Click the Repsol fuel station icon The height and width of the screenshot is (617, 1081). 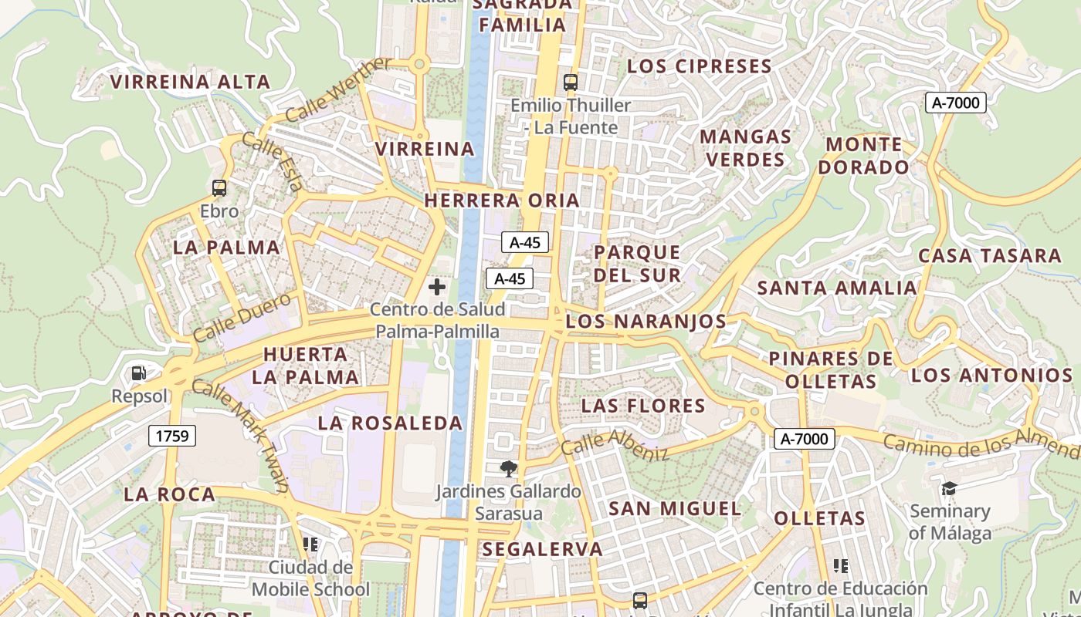(x=139, y=373)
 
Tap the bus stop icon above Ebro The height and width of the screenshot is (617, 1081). (x=219, y=187)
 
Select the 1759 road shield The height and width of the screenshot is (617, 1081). (x=172, y=436)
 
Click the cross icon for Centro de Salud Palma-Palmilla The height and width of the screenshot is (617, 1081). (x=437, y=287)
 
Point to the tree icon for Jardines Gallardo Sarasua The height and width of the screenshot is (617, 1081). (x=508, y=468)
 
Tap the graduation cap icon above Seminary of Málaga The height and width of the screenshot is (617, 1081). (x=949, y=488)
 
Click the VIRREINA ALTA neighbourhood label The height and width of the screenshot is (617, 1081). (x=190, y=82)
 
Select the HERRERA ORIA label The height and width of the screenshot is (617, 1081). (x=502, y=201)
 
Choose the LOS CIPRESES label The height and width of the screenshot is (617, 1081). (x=700, y=66)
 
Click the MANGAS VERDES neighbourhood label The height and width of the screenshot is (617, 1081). (x=746, y=148)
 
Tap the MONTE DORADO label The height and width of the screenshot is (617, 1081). (x=864, y=156)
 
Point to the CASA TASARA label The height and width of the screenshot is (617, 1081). (x=990, y=255)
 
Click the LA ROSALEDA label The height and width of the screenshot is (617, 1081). (x=391, y=423)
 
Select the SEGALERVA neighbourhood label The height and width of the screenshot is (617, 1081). (x=543, y=549)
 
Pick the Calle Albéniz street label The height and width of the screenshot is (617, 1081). (x=615, y=445)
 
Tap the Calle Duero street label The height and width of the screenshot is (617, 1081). (x=242, y=317)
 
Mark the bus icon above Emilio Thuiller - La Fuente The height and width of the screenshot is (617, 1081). (x=571, y=82)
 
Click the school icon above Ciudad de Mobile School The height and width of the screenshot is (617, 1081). (x=310, y=545)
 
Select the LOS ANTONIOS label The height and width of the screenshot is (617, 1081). (x=992, y=376)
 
